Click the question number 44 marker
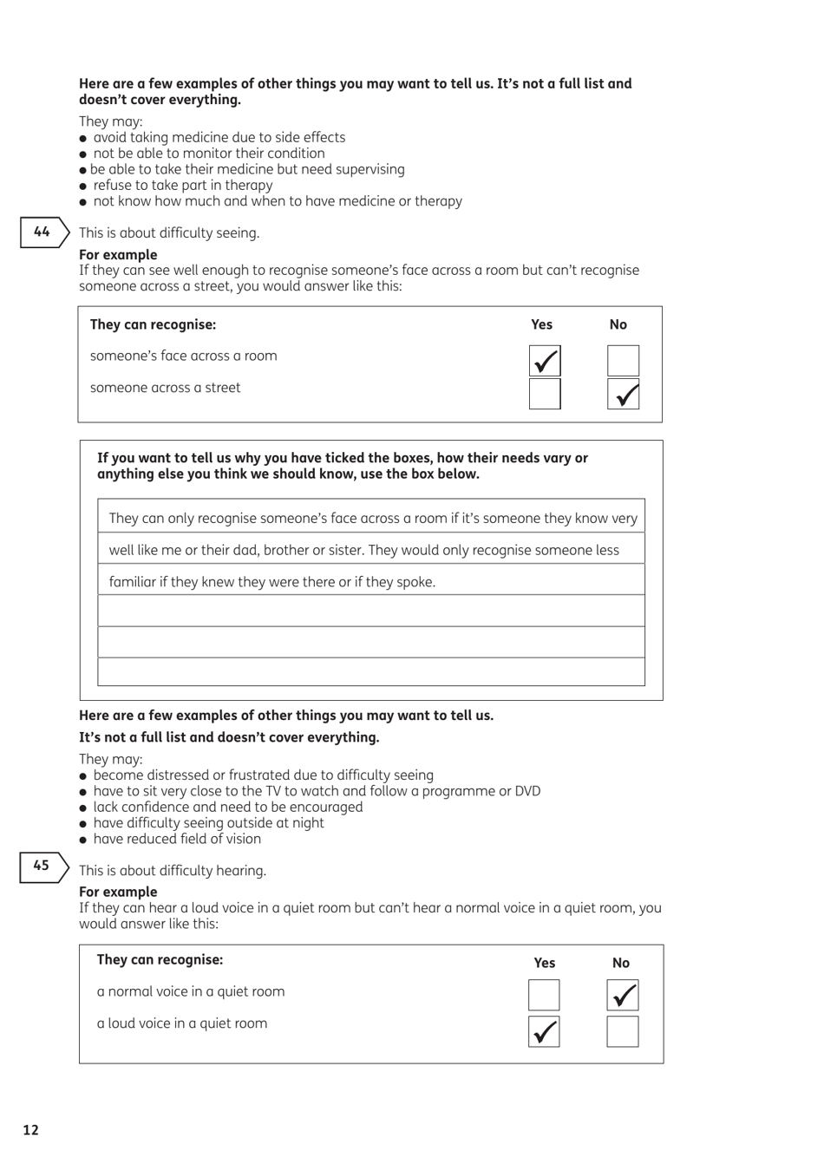click(43, 232)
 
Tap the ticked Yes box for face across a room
click(545, 361)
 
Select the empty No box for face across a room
click(623, 361)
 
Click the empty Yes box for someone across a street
click(545, 394)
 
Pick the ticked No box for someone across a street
click(623, 394)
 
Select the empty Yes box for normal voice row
click(544, 995)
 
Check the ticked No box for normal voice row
click(622, 995)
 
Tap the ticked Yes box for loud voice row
click(544, 1031)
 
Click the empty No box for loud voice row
click(622, 1031)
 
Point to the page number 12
click(30, 1129)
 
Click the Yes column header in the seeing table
click(541, 324)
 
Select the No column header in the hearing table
click(621, 963)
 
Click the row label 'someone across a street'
click(166, 388)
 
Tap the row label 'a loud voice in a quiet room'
click(182, 1023)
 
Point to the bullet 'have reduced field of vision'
click(177, 839)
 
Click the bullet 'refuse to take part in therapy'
click(183, 185)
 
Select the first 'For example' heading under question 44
click(118, 255)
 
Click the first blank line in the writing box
click(371, 611)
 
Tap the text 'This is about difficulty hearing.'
click(173, 871)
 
